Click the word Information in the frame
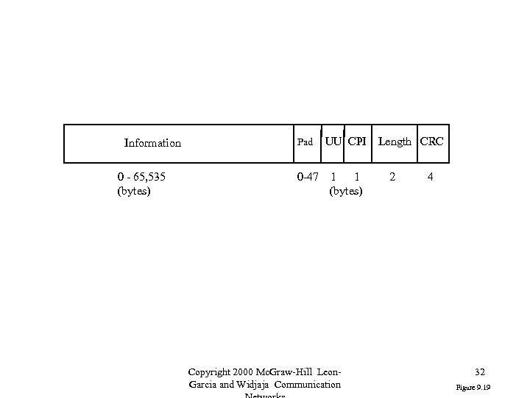[152, 143]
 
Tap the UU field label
[333, 141]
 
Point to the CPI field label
[357, 141]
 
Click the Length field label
[395, 142]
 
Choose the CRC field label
[431, 142]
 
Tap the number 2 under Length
[392, 178]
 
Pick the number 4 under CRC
[431, 178]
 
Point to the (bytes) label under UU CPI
[346, 192]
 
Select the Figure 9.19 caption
[474, 387]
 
